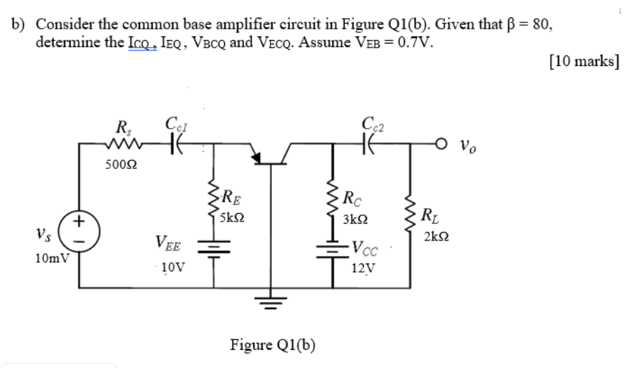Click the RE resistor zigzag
tap(211, 203)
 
